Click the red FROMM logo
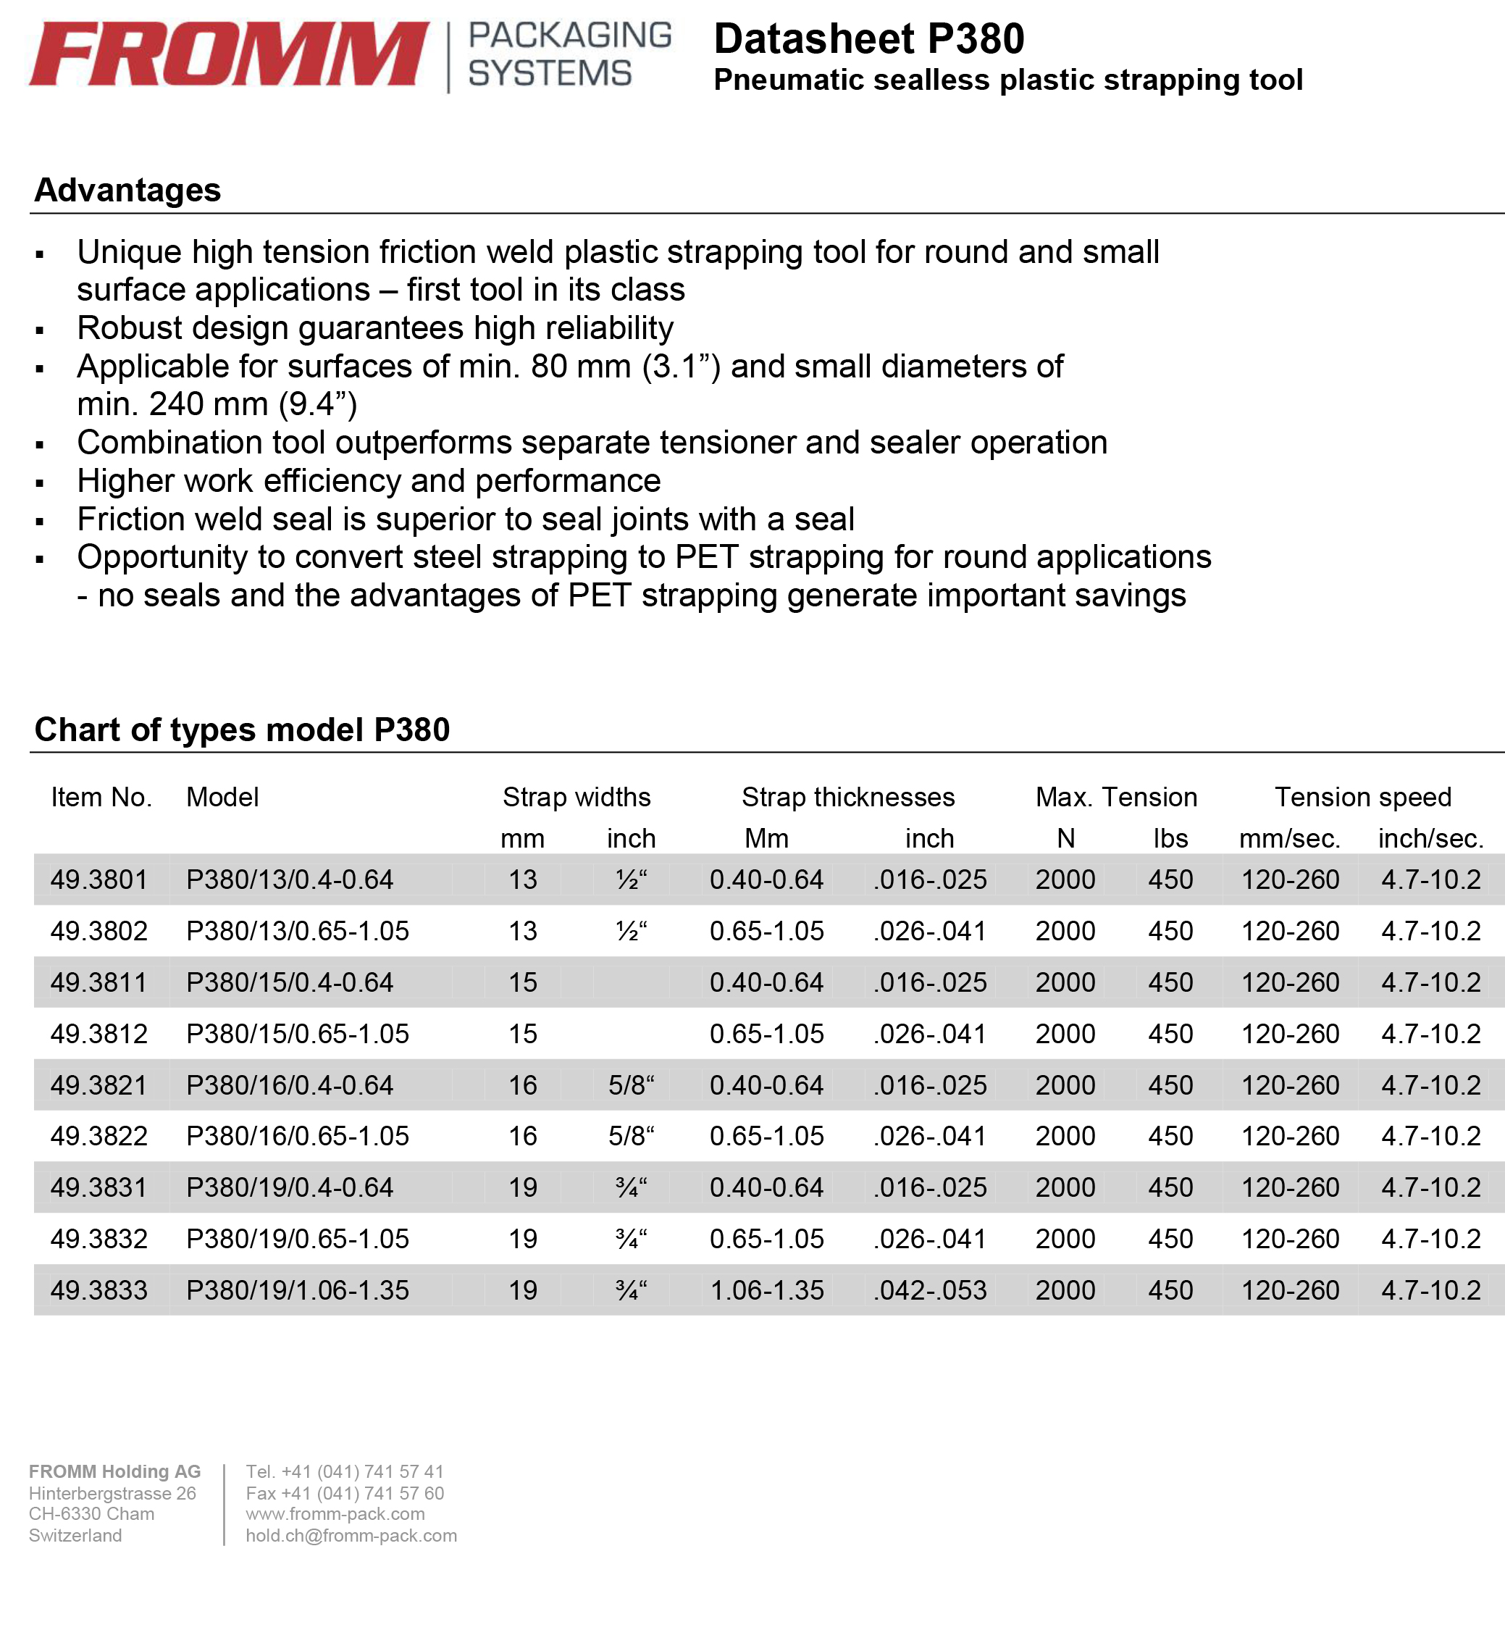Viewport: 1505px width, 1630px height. coord(228,54)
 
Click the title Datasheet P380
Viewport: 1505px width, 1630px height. coord(868,39)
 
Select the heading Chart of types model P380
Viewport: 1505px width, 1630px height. coord(242,730)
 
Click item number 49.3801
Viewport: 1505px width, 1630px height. coord(98,879)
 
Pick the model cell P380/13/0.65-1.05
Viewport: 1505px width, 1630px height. coord(297,931)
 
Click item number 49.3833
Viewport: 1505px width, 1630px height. coord(98,1290)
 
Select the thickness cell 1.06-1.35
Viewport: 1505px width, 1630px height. coord(766,1290)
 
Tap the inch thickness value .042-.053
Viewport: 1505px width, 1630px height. coord(929,1290)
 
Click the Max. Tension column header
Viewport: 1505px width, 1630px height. coord(1116,797)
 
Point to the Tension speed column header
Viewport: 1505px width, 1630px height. coord(1362,797)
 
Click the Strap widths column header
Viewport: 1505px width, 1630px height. coord(577,797)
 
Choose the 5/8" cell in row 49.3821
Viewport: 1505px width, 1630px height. coord(631,1085)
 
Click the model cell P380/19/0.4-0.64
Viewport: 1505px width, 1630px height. coord(289,1187)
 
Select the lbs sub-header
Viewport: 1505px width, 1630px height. coord(1170,838)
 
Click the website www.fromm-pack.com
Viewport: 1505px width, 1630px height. coord(335,1513)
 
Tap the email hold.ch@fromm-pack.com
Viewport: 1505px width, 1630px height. coord(351,1536)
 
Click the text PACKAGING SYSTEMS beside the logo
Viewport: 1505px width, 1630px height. coord(569,54)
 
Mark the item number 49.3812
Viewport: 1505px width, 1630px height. coord(98,1034)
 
